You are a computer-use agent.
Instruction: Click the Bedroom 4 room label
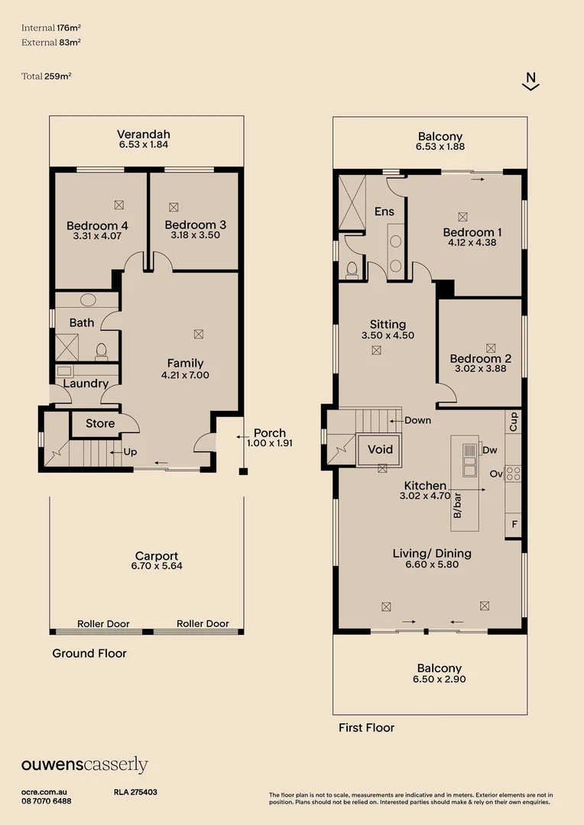97,225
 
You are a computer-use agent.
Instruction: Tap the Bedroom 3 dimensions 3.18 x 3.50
196,235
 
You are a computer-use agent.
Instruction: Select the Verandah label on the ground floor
144,134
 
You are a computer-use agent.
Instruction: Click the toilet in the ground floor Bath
101,351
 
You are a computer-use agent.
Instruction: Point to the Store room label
100,423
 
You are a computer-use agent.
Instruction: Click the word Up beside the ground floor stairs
130,452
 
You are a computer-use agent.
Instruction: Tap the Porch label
270,433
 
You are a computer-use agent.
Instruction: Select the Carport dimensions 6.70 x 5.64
157,566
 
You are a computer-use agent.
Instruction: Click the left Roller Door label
103,624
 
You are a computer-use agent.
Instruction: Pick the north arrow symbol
530,81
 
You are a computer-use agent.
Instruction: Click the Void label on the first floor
380,449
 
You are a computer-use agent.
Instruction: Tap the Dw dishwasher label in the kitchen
490,450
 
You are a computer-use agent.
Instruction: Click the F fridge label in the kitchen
514,525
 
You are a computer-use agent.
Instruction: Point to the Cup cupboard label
514,422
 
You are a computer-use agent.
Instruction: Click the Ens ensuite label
384,212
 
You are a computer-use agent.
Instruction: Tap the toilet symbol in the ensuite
352,270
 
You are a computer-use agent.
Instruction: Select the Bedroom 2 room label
480,359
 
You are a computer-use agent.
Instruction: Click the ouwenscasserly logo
85,765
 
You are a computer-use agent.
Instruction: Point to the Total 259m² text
47,76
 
